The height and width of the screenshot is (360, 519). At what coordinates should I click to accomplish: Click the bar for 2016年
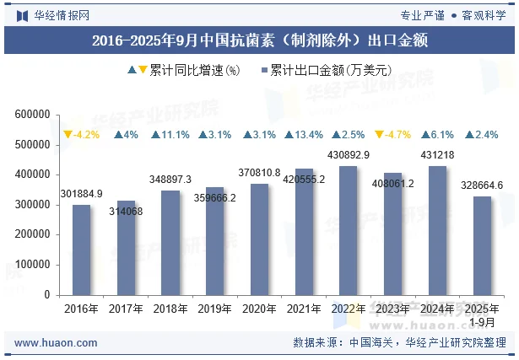click(81, 250)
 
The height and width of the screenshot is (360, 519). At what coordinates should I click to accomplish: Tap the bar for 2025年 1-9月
click(482, 245)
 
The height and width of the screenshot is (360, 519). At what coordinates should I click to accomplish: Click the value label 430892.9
click(349, 156)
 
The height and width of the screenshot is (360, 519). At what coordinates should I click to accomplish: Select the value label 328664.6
click(482, 185)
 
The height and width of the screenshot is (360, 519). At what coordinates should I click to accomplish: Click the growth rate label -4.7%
click(398, 135)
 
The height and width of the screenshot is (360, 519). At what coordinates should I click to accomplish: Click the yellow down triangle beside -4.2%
click(67, 135)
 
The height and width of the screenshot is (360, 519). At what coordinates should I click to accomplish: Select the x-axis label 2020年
click(259, 309)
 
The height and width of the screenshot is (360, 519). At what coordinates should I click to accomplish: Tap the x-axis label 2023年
click(393, 309)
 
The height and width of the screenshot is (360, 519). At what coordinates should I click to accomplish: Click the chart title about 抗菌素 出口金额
click(259, 40)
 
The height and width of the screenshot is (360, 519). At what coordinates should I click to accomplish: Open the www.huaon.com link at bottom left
click(56, 343)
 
